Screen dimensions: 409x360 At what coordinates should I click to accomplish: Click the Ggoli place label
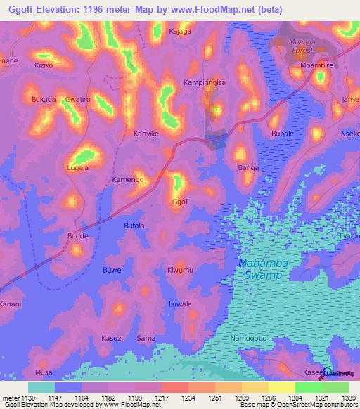point(180,202)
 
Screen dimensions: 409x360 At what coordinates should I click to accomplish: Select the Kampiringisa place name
point(205,82)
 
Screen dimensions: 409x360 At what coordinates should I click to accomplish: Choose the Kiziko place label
point(44,65)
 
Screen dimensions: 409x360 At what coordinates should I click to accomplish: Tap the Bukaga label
point(44,100)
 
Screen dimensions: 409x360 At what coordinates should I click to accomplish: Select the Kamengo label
point(128,180)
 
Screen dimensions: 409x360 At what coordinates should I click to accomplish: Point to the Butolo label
point(134,226)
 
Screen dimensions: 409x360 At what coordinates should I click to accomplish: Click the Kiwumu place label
point(180,270)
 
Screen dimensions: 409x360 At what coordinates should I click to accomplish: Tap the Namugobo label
point(249,339)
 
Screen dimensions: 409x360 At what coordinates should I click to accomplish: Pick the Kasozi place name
point(112,338)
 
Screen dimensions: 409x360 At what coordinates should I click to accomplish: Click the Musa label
point(44,372)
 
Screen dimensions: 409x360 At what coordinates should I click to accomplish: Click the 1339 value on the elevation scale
point(348,398)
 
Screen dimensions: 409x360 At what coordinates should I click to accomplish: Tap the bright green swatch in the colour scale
point(308,387)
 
